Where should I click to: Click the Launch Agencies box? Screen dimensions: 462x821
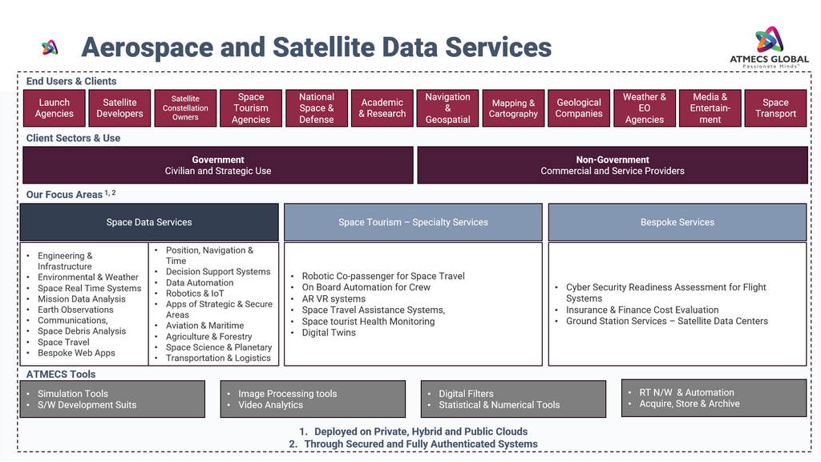(x=55, y=108)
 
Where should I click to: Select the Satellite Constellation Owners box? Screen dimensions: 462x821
(x=185, y=108)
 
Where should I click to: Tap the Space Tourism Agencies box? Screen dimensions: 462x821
(x=251, y=108)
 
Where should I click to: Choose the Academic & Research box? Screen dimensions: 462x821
(x=382, y=108)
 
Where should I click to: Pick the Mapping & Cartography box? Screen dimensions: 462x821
(x=513, y=108)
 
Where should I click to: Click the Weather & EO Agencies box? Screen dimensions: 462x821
(x=645, y=108)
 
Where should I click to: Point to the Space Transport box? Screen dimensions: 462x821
(x=775, y=108)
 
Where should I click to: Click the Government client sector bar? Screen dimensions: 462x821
(x=218, y=165)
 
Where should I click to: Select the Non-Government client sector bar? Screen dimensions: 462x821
(x=613, y=165)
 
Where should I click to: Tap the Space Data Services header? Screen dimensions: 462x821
(x=149, y=222)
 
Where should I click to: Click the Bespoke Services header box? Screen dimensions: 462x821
(x=677, y=222)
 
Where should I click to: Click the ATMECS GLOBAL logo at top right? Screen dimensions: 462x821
(x=769, y=47)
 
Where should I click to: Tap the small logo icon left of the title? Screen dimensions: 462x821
(x=50, y=48)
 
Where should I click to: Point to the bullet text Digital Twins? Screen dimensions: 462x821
(x=329, y=333)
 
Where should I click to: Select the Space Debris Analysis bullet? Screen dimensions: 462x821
(x=82, y=331)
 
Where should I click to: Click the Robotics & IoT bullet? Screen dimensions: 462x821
(x=195, y=294)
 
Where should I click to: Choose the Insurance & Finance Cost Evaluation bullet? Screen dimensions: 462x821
(x=642, y=310)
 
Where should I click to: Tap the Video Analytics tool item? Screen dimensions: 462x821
(x=270, y=405)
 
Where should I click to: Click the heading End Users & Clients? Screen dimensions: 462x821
(x=71, y=81)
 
